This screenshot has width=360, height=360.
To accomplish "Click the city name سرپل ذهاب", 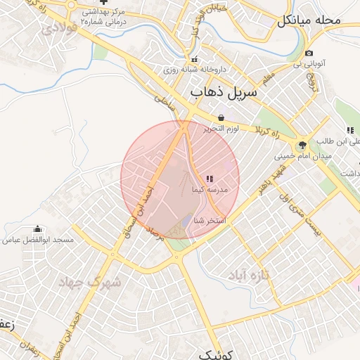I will click(224, 93).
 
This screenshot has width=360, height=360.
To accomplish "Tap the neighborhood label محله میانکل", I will click(309, 20).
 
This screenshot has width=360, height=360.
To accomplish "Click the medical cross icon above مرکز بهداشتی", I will click(103, 2).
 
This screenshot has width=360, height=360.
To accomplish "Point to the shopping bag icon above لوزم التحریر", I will click(222, 117).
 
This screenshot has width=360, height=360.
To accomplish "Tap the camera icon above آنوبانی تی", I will click(309, 53).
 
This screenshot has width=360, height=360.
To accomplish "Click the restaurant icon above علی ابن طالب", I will click(350, 130).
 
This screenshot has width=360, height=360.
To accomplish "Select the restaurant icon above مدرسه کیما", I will click(209, 179).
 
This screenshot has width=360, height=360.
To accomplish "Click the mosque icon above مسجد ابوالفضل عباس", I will click(37, 229).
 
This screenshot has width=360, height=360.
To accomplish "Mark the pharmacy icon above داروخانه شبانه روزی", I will click(195, 59).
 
